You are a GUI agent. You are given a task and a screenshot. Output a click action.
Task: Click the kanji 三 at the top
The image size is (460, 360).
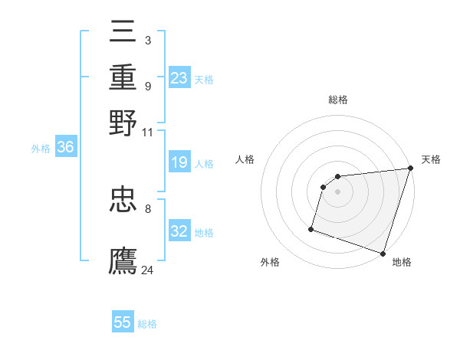tap(123, 31)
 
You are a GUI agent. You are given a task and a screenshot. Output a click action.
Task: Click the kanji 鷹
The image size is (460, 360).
tap(123, 260)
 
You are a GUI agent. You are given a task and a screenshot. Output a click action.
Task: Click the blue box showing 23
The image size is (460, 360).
tap(179, 78)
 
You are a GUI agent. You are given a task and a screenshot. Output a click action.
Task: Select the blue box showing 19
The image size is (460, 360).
tap(179, 162)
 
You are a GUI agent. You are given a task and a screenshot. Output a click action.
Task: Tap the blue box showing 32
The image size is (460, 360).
tap(179, 231)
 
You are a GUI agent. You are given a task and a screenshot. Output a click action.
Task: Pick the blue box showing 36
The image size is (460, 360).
tap(65, 148)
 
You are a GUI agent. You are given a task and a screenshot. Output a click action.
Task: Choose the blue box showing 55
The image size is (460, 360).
tap(123, 322)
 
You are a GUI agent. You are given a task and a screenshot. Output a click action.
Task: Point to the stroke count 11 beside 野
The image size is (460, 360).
tap(148, 131)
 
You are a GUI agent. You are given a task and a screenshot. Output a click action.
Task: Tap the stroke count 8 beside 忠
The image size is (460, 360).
tap(147, 208)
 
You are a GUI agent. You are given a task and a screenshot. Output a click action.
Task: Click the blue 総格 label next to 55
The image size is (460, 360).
tap(147, 324)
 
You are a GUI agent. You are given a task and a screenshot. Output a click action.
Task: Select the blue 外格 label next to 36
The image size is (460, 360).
tap(40, 149)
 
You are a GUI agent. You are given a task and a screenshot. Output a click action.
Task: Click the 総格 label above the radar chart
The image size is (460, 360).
tap(337, 100)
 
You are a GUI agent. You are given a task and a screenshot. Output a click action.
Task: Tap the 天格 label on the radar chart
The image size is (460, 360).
tap(431, 159)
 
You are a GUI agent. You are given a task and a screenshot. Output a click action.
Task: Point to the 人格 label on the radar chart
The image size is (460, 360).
tap(245, 159)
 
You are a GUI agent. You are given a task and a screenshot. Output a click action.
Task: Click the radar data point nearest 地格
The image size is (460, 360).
tap(383, 253)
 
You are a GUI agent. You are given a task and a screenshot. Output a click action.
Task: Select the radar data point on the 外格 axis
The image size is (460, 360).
tap(311, 228)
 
